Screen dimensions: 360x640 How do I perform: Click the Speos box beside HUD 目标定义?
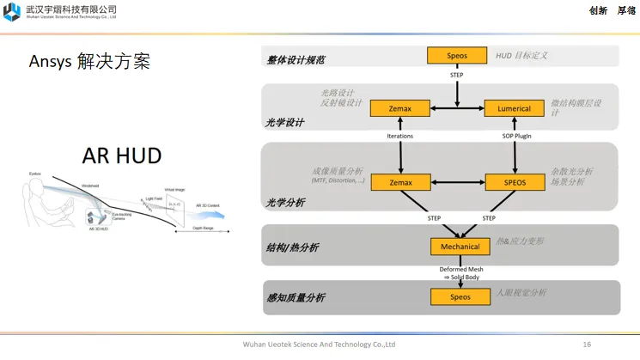[x=457, y=55]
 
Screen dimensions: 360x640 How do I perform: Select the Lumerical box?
[x=515, y=108]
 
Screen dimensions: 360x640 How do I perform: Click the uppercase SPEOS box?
[x=515, y=182]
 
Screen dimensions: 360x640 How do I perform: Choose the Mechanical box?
[x=460, y=247]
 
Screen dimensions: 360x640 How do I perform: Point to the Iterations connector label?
[x=400, y=136]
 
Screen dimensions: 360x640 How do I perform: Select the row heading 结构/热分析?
[x=293, y=247]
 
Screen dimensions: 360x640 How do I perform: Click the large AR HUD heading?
[x=121, y=156]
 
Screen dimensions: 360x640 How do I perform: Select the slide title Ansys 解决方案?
[x=89, y=62]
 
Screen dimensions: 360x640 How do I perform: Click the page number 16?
[x=587, y=345]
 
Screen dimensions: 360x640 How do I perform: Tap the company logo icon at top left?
[x=11, y=11]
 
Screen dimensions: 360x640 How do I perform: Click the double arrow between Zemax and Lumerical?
[x=457, y=108]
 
